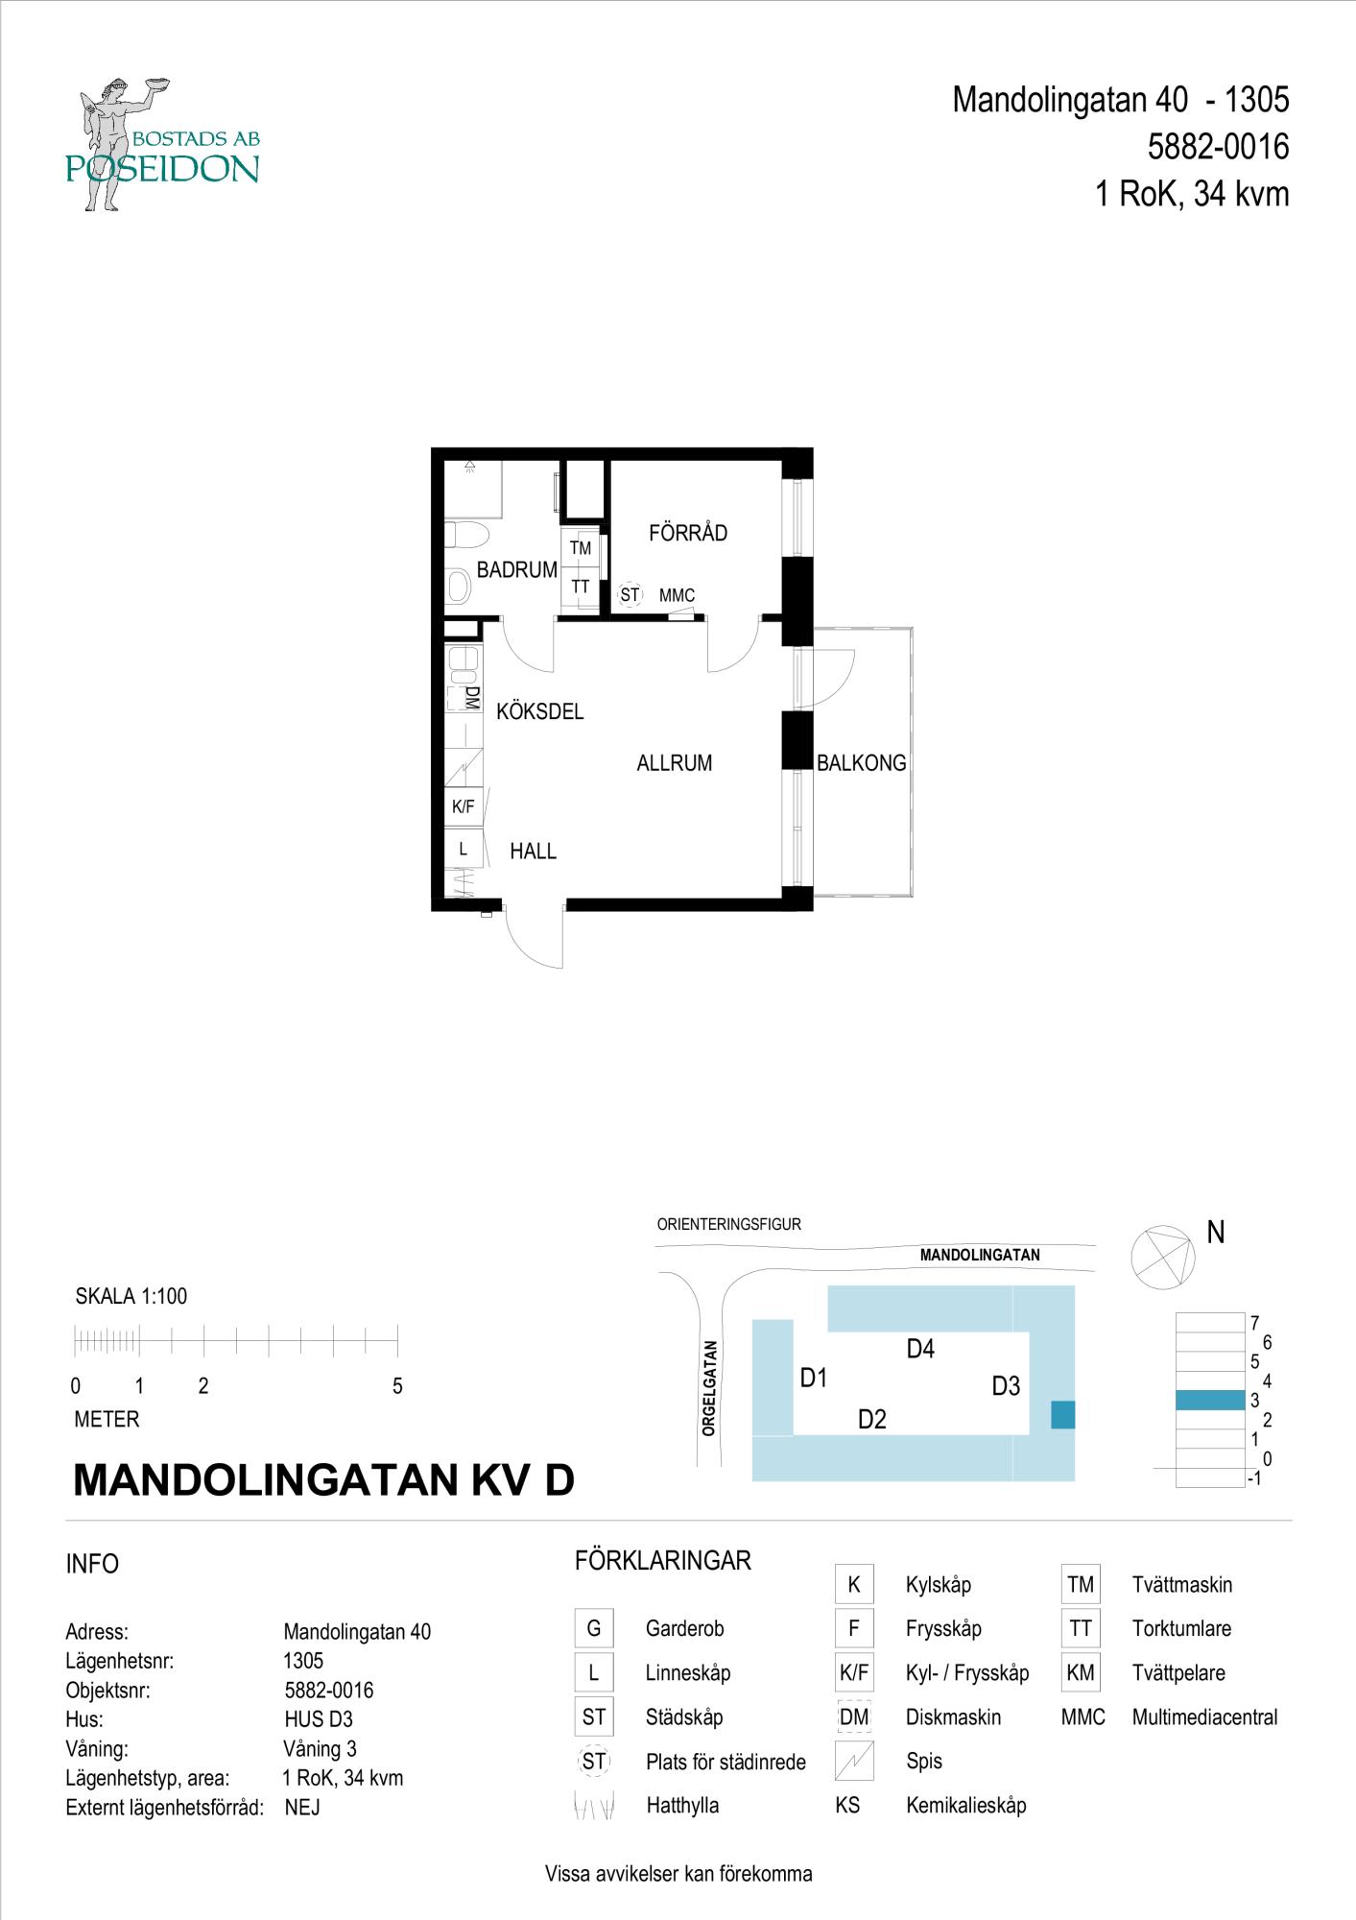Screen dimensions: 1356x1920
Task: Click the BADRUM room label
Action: tap(516, 569)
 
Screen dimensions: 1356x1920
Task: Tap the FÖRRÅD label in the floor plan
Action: tap(687, 533)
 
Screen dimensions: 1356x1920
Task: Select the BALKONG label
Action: tap(861, 763)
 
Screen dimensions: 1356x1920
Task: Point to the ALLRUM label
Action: tap(674, 763)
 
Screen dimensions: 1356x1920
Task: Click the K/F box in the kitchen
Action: tap(464, 807)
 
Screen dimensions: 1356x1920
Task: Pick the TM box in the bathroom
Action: tap(580, 548)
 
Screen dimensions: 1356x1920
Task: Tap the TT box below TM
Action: tap(580, 587)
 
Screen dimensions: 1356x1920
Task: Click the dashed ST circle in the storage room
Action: tap(629, 595)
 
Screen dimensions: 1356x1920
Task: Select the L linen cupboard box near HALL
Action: tap(464, 849)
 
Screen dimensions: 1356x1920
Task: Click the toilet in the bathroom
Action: tap(468, 534)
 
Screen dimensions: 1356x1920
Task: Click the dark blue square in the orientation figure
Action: tap(1062, 1415)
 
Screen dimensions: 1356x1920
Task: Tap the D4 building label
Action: tap(919, 1349)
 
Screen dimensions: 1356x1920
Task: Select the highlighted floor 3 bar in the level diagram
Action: tap(1209, 1401)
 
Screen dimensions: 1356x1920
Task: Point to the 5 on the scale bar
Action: tap(397, 1386)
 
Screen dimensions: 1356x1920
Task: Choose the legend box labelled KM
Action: tap(1080, 1673)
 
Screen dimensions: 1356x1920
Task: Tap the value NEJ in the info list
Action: tap(302, 1808)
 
